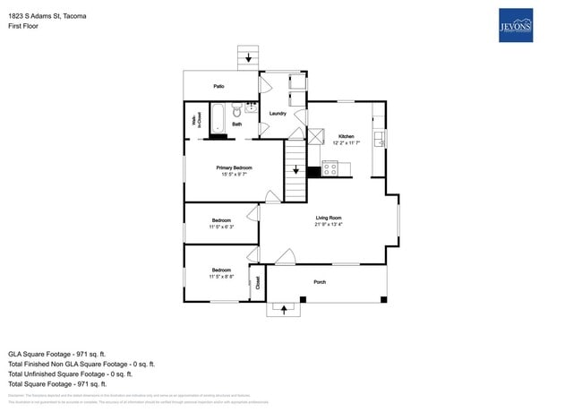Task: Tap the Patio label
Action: [x=218, y=86]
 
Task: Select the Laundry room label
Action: [x=278, y=114]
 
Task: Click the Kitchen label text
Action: [x=346, y=136]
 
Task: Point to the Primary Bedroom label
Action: [x=234, y=167]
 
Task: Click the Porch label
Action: [x=320, y=282]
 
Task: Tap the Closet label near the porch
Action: [x=258, y=283]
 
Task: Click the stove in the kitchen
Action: [x=330, y=167]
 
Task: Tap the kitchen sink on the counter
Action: [x=379, y=139]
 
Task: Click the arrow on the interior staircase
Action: [x=295, y=169]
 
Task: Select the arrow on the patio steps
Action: [x=248, y=57]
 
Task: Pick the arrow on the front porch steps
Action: [x=286, y=310]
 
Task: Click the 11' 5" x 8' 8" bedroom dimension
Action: [x=221, y=277]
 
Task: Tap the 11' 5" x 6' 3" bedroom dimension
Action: [x=221, y=227]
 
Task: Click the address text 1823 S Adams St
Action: [x=47, y=15]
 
